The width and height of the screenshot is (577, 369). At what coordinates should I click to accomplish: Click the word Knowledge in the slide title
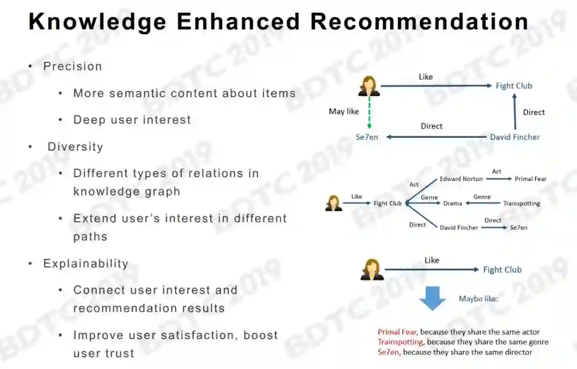[x=97, y=22]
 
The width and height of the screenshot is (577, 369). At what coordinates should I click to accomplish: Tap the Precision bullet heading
[x=72, y=66]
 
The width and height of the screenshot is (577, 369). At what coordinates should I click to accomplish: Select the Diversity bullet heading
[x=75, y=147]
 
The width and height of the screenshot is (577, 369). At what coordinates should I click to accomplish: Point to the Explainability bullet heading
[x=85, y=263]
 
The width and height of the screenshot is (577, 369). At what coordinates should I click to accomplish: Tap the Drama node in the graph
[x=453, y=203]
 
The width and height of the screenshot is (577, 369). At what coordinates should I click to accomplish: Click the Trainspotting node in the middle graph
[x=521, y=203]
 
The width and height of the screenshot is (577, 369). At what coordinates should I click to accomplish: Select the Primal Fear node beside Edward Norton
[x=531, y=179]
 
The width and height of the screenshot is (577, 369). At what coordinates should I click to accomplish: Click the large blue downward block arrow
[x=432, y=298]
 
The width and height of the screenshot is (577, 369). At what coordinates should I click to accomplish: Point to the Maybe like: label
[x=478, y=299]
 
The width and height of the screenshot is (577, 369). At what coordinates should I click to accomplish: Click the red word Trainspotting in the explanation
[x=401, y=342]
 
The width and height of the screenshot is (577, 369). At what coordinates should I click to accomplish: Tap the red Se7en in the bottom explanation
[x=388, y=352]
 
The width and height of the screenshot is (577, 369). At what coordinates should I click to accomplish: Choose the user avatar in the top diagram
[x=369, y=86]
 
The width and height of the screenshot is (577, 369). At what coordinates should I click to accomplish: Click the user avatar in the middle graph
[x=333, y=203]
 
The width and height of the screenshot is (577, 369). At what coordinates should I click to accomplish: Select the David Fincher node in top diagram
[x=515, y=137]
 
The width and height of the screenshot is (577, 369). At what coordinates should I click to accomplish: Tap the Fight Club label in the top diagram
[x=514, y=86]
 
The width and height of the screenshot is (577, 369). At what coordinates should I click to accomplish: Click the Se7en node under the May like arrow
[x=367, y=137]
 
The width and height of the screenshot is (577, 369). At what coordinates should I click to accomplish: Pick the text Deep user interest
[x=132, y=120]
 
